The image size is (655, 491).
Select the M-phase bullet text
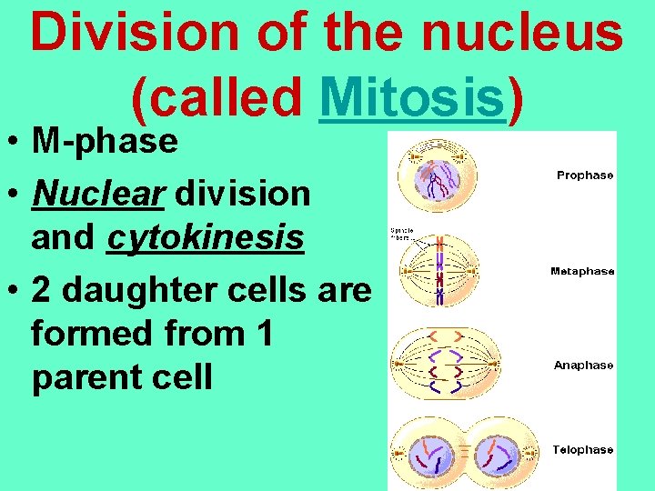pyautogui.click(x=104, y=141)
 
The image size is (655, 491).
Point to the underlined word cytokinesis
pyautogui.click(x=205, y=237)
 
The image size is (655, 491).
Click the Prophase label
pyautogui.click(x=585, y=175)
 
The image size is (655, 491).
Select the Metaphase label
pyautogui.click(x=582, y=271)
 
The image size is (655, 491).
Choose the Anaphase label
pyautogui.click(x=583, y=365)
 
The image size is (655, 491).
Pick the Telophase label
pyautogui.click(x=583, y=449)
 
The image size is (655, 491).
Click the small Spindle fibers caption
pyautogui.click(x=402, y=234)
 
